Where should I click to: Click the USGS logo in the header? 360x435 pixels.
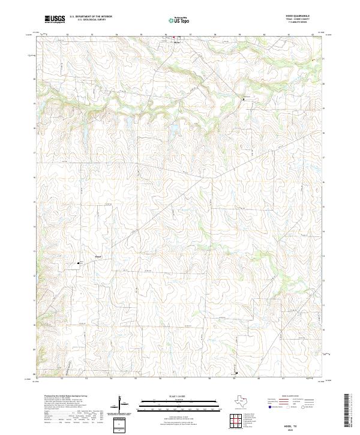pyautogui.click(x=55, y=19)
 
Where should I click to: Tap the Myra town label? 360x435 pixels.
pyautogui.click(x=177, y=43)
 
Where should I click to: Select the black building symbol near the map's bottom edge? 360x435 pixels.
pyautogui.click(x=236, y=371)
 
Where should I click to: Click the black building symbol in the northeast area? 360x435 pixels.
pyautogui.click(x=243, y=98)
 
